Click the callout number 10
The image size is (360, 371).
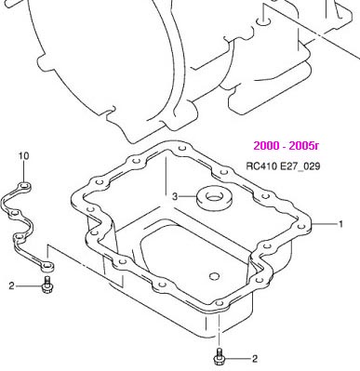point(24,155)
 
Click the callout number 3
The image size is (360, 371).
point(175,196)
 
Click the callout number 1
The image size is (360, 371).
point(340,224)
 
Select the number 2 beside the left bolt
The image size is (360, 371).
point(11,285)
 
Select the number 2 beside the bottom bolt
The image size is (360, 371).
point(255,359)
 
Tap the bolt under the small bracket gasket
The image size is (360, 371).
point(47,285)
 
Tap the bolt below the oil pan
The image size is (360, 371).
point(220,356)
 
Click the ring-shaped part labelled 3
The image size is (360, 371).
point(215,199)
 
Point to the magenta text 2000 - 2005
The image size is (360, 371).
point(286,145)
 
